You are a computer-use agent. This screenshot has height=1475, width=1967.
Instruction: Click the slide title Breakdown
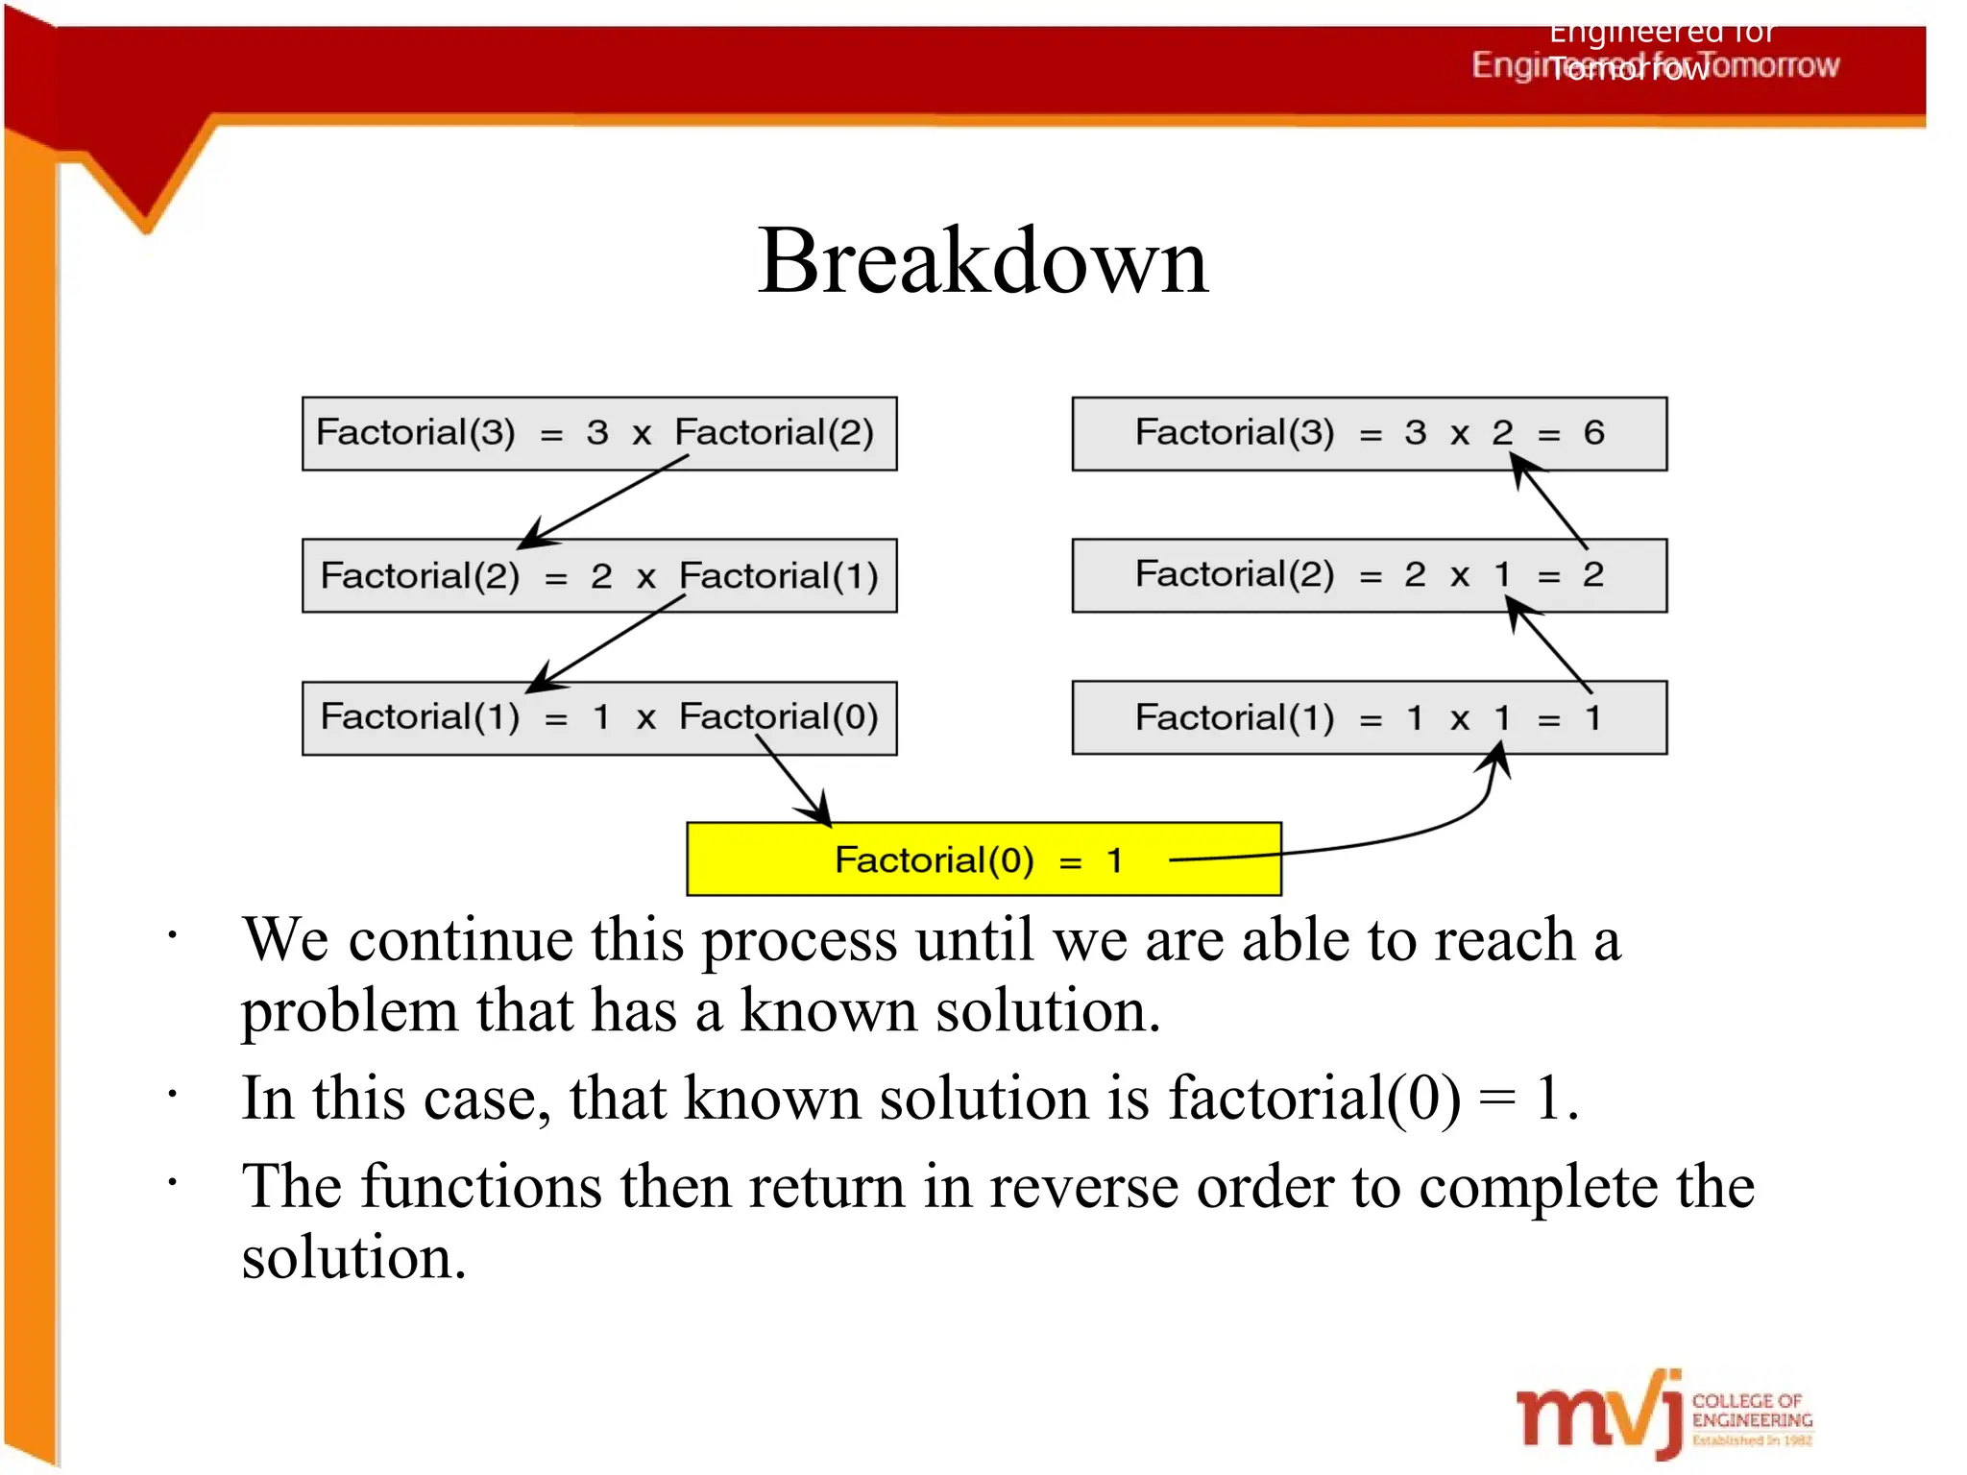(982, 261)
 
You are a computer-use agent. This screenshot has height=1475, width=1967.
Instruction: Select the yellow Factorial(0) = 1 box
(983, 859)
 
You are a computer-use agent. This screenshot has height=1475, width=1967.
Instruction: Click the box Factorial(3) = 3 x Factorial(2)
(599, 433)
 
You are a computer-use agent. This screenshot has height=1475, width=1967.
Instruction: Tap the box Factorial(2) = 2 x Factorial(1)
(599, 575)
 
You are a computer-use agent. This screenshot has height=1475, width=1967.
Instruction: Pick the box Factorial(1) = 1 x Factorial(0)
(599, 717)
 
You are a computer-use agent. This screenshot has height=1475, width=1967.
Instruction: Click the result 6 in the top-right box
(1593, 433)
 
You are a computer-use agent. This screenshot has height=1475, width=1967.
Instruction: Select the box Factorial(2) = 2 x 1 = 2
(1369, 575)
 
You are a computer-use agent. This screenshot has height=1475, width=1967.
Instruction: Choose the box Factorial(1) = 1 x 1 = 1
(1369, 717)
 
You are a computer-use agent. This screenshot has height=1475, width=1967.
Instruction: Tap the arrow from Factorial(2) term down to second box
(605, 499)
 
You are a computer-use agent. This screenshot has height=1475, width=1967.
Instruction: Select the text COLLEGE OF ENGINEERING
(1751, 1411)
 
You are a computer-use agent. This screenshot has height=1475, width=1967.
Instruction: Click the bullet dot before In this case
(172, 1094)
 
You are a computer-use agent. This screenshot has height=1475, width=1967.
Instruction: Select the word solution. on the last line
(353, 1258)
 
